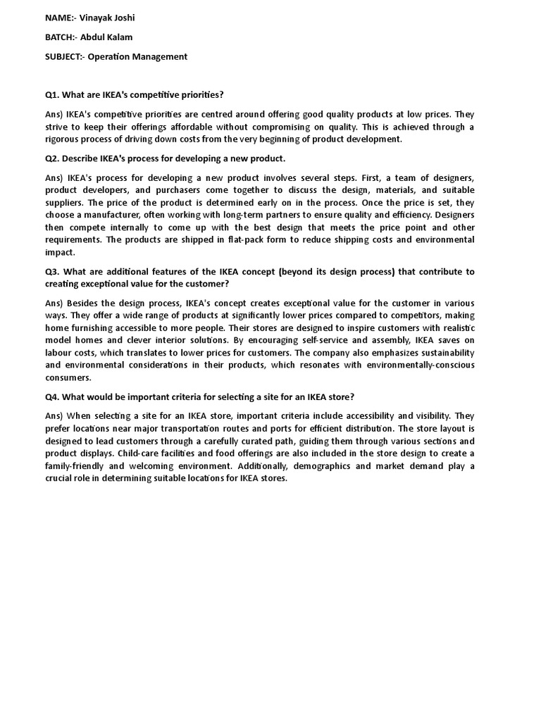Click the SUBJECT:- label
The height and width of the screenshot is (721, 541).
tap(64, 56)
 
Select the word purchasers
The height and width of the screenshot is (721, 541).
tap(177, 190)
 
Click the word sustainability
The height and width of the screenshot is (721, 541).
tap(445, 353)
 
